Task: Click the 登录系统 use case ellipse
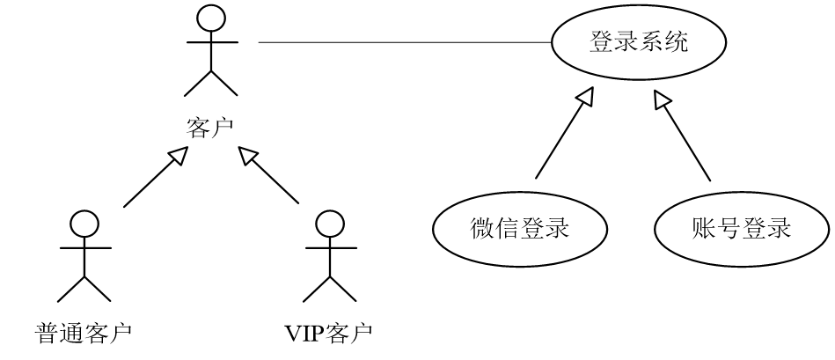[x=637, y=42]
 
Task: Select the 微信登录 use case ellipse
[x=520, y=229]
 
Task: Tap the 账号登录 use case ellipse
[x=742, y=229]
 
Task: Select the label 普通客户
[x=84, y=334]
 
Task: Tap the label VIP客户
[x=328, y=334]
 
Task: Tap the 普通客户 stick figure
[x=84, y=259]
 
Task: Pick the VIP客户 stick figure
[x=329, y=259]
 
